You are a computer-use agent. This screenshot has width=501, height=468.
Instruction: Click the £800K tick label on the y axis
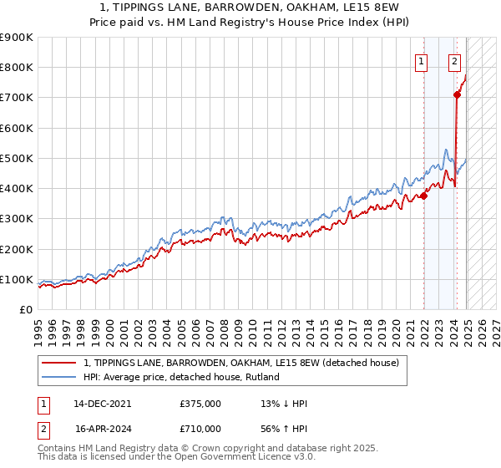17,68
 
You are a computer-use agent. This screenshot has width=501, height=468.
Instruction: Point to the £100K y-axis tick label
17,279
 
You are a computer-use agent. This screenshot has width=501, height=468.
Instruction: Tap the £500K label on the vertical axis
17,158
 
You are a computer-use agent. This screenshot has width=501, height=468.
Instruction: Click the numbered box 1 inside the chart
421,60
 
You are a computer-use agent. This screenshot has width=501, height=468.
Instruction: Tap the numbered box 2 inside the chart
454,60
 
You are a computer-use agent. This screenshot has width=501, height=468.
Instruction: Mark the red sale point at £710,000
458,95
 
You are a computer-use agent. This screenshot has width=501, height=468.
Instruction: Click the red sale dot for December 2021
424,196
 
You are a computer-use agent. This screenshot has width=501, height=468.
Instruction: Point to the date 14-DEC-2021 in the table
103,404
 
